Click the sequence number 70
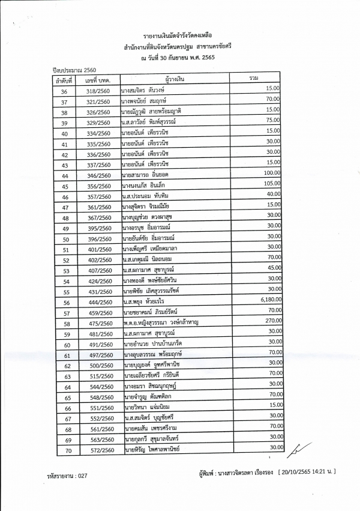point(68,450)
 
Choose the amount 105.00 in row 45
point(272,183)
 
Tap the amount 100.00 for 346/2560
point(272,173)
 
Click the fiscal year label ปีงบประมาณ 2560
point(75,70)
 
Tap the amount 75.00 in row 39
point(274,120)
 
